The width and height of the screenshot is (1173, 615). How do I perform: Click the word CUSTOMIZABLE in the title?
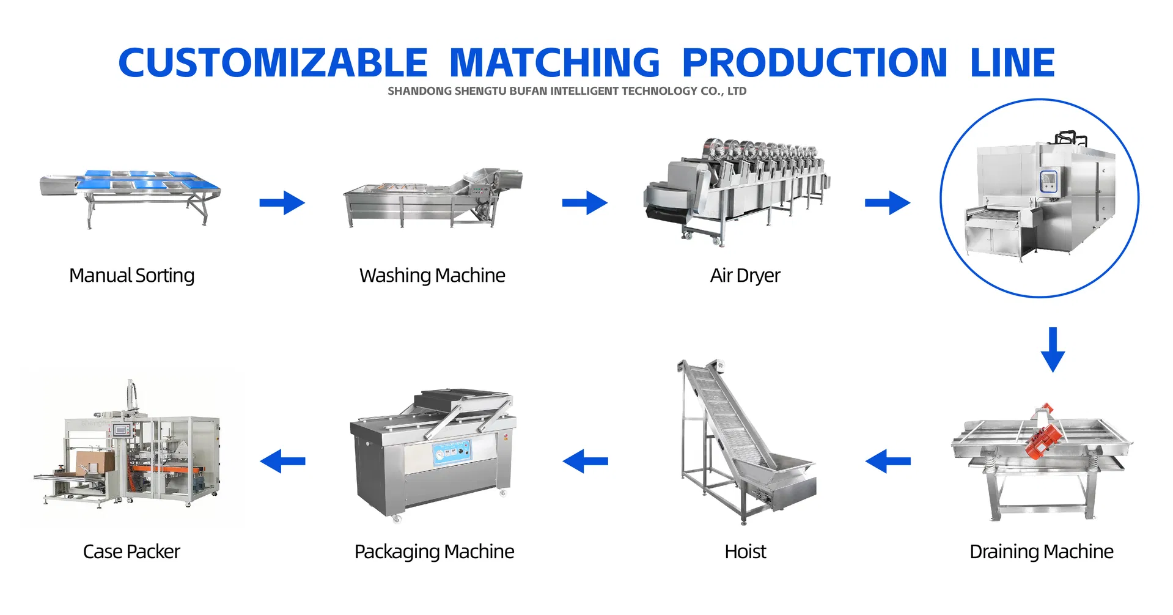pos(273,63)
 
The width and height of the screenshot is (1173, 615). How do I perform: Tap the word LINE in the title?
pos(1012,63)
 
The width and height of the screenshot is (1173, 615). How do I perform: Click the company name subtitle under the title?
pos(567,91)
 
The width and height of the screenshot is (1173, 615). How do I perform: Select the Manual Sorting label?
pos(131,276)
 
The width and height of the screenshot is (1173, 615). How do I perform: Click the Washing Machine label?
pos(432,276)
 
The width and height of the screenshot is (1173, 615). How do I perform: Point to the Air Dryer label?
pos(745,276)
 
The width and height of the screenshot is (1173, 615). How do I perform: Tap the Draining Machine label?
pos(1041,551)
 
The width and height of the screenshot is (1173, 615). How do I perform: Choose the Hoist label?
pos(745,551)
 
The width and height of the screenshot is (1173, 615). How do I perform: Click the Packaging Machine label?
pos(434,551)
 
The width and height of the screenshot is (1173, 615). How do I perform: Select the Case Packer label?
pos(131,551)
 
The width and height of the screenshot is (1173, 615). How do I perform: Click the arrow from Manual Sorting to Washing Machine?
pos(282,203)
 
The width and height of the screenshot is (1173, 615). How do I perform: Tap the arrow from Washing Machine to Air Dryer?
pos(584,203)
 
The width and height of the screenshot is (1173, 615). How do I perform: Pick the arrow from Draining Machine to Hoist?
pos(888,461)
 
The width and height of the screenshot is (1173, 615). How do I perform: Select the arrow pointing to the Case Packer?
pos(282,461)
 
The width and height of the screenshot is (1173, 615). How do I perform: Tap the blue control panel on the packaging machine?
pos(452,453)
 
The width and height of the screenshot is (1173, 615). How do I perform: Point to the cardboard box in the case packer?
pos(95,462)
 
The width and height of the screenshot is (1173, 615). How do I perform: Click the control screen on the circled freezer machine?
pos(1048,181)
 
